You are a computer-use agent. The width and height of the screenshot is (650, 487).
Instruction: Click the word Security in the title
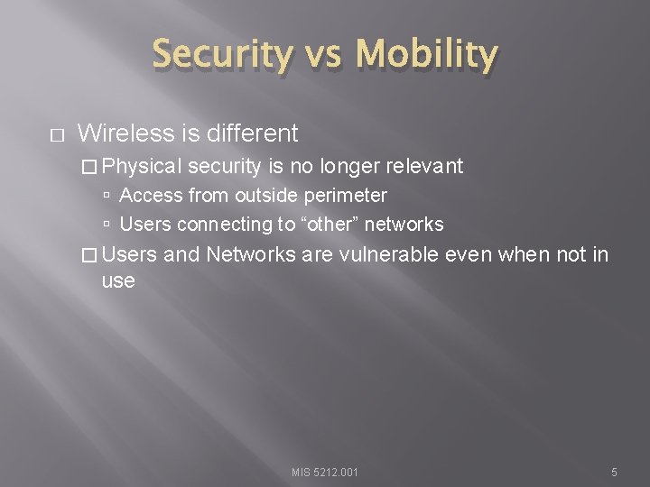pos(223,56)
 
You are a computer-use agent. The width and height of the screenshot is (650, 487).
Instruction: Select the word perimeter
pos(348,196)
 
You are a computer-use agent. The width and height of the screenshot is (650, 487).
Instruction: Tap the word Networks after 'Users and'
pos(251,255)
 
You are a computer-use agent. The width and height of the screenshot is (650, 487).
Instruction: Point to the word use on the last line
pos(118,280)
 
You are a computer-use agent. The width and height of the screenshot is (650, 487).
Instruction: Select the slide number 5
pos(613,472)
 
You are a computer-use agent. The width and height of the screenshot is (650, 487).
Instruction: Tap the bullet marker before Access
pos(107,196)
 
